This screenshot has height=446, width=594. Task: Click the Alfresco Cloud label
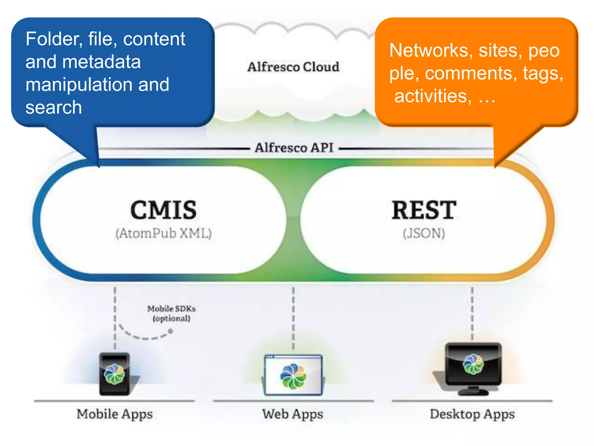(x=293, y=67)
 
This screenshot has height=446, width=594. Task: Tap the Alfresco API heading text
(x=294, y=148)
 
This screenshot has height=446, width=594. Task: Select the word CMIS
(x=164, y=210)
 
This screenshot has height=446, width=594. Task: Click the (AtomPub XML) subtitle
(x=164, y=233)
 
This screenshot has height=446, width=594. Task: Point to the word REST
(x=424, y=210)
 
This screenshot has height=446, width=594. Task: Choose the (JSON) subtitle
(x=424, y=233)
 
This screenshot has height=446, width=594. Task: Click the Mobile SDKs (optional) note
(x=171, y=313)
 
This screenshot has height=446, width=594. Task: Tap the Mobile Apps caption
(x=115, y=414)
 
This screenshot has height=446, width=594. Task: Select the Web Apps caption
(x=293, y=414)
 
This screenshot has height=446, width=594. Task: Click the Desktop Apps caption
(x=472, y=414)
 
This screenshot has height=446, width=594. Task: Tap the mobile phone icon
(x=115, y=374)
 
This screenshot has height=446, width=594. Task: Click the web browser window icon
(x=293, y=375)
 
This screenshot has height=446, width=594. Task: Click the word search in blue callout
(x=54, y=107)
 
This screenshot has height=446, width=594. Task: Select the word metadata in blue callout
(x=101, y=62)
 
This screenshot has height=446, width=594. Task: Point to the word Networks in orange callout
(x=429, y=51)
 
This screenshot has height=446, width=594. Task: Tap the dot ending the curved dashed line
(x=171, y=331)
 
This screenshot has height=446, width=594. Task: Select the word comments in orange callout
(x=471, y=73)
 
